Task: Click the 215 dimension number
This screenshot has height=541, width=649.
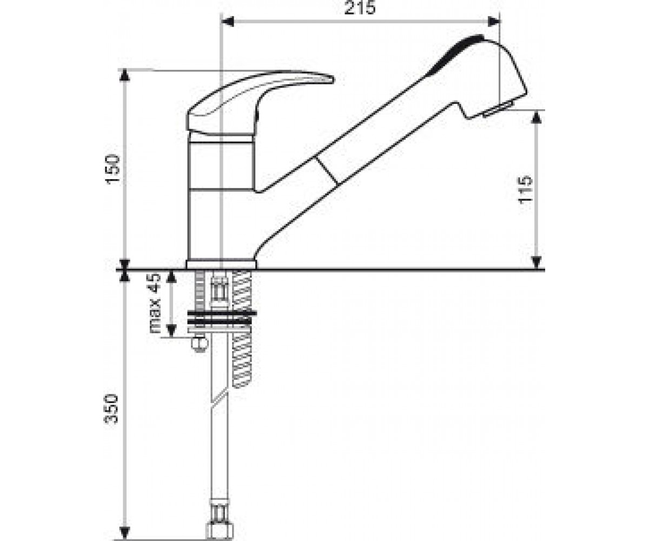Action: (x=360, y=8)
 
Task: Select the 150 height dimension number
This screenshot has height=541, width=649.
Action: (x=113, y=169)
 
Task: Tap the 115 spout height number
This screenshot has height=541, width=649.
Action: (x=525, y=189)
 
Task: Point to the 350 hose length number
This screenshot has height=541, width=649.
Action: (x=111, y=408)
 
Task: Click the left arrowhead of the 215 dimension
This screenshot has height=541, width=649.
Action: (x=227, y=22)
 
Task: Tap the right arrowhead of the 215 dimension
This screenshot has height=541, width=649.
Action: (x=493, y=22)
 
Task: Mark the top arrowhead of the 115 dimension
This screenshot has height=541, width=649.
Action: (x=537, y=117)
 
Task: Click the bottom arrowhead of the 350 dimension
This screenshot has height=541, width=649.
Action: (x=124, y=533)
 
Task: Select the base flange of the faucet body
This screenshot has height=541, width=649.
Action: (x=221, y=264)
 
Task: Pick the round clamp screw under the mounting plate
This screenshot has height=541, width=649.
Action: (x=199, y=344)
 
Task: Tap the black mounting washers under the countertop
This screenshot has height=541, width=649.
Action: (x=222, y=318)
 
